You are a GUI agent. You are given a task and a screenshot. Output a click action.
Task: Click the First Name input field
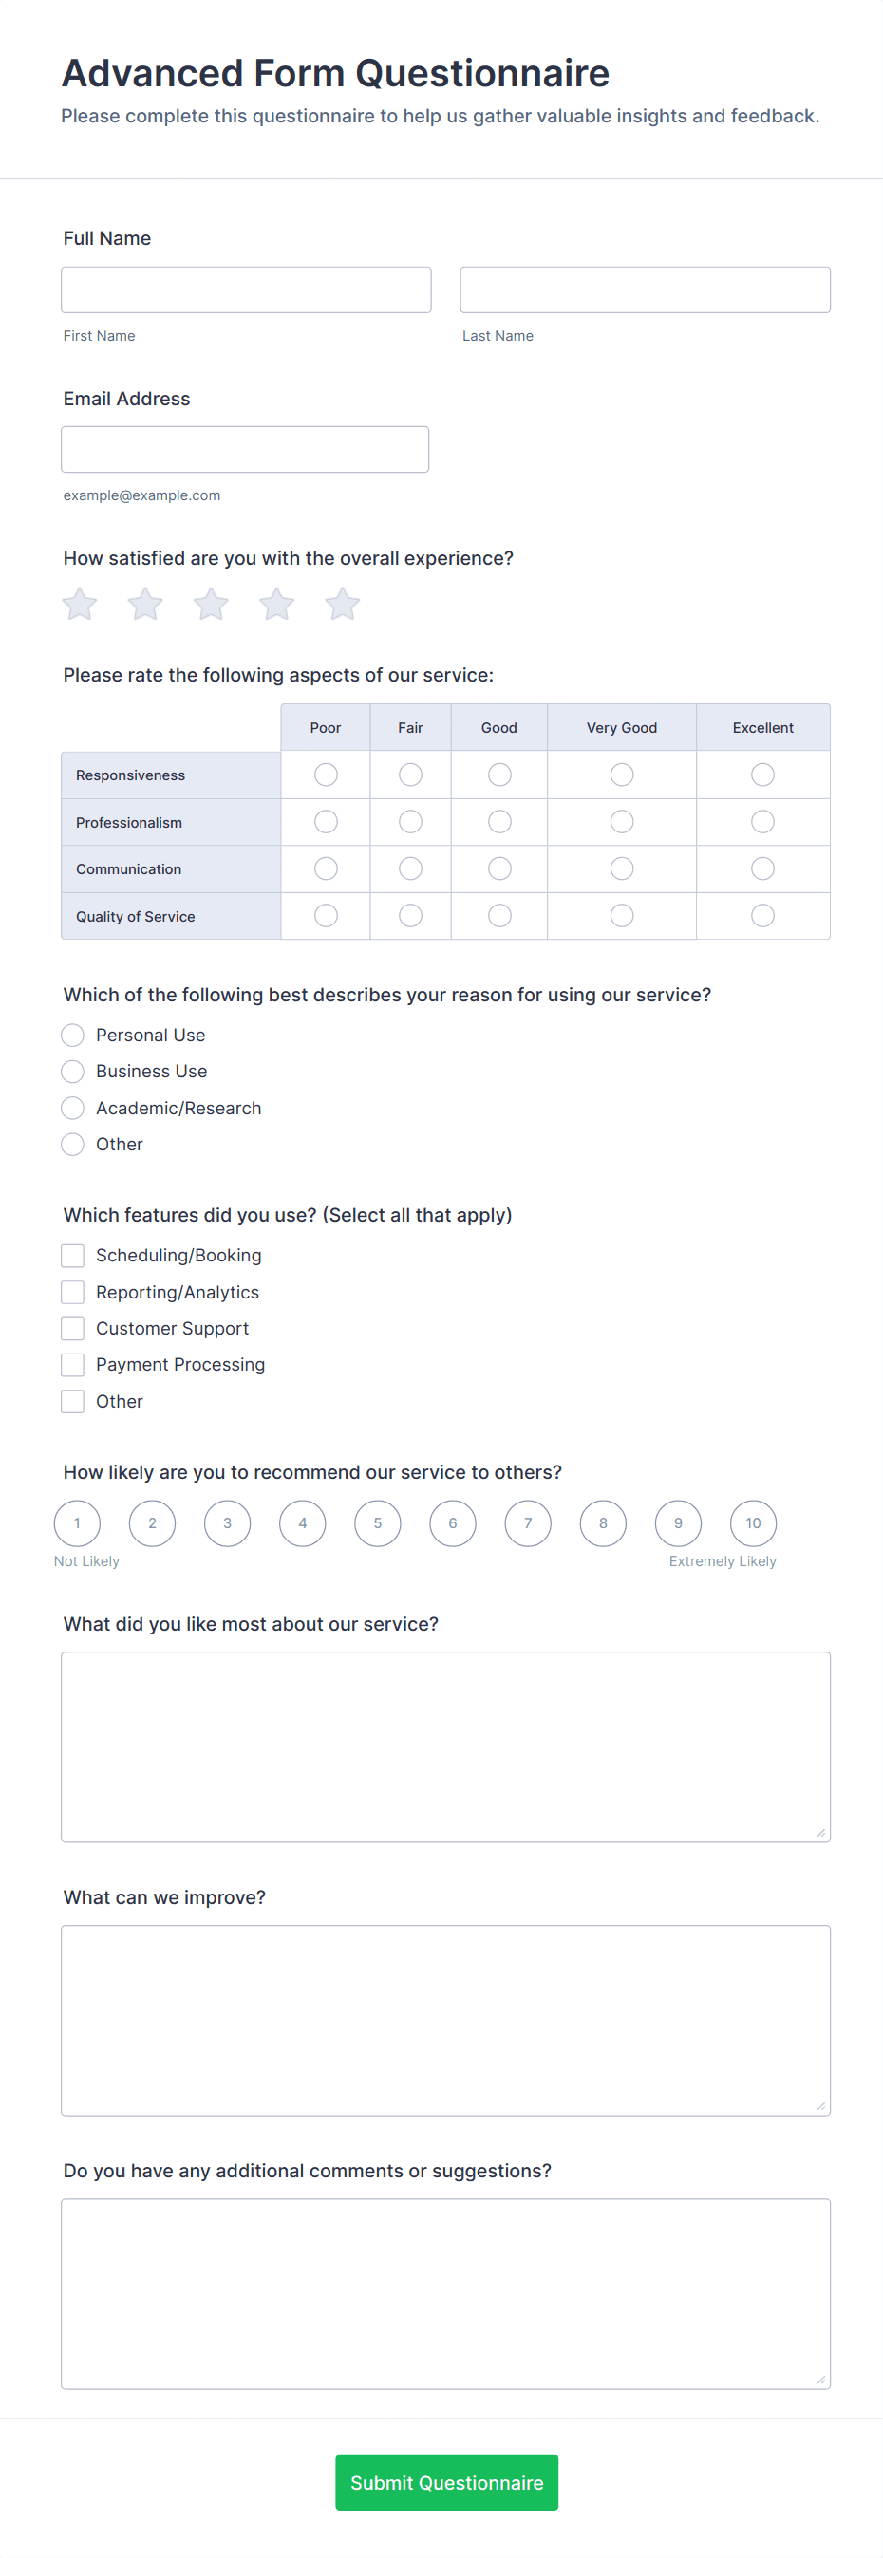point(245,289)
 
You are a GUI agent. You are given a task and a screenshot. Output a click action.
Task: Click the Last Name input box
point(645,289)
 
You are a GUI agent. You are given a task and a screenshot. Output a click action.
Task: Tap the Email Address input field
point(244,450)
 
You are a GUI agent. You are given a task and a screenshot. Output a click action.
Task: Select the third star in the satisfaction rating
point(211,604)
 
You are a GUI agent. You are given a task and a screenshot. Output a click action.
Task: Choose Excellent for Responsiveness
point(761,775)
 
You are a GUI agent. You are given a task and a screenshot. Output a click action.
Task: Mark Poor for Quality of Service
point(326,916)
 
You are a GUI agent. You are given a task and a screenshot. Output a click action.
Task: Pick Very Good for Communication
point(622,868)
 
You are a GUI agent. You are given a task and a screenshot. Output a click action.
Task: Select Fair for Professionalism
point(410,822)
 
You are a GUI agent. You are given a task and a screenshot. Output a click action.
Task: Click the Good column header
point(498,728)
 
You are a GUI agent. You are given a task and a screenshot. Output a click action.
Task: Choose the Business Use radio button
point(72,1072)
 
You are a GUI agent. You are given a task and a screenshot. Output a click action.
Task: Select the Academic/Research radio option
point(72,1109)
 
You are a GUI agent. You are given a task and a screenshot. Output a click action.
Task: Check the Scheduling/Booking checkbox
point(72,1256)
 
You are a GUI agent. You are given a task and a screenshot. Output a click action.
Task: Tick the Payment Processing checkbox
point(72,1366)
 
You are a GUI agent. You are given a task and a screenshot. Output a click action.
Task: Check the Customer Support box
point(72,1329)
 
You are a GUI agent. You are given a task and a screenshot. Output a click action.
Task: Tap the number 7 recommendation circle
point(527,1523)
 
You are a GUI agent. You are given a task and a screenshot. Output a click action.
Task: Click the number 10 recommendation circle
point(753,1523)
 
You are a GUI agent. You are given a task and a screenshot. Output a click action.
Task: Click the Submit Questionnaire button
point(446,2482)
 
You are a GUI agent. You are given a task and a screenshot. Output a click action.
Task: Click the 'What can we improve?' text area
point(445,2020)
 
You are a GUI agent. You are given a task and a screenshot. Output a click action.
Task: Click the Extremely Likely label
point(723,1561)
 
